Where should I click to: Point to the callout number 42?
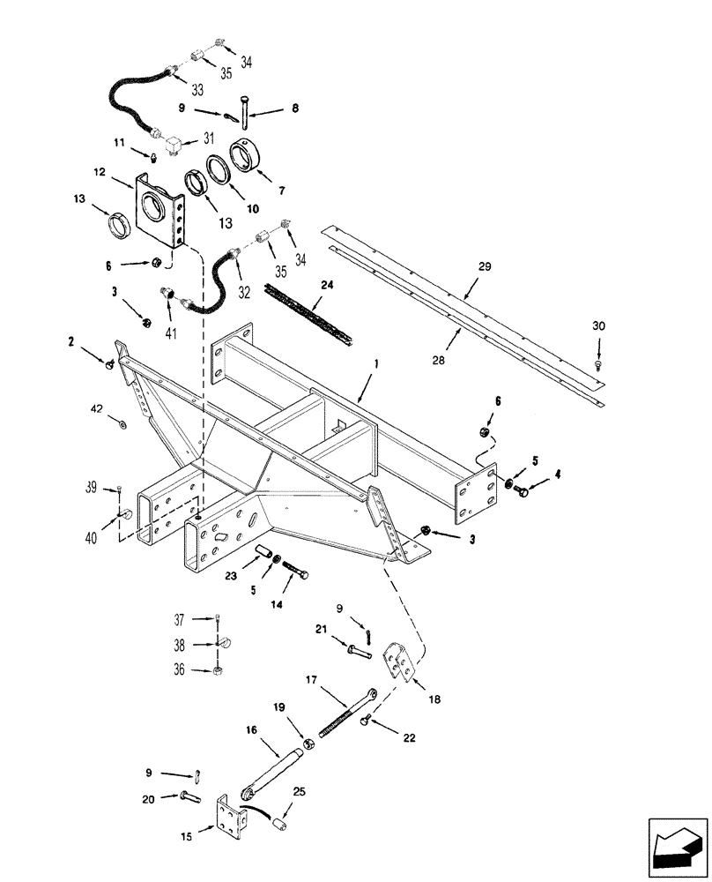point(96,409)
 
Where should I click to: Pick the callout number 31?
point(210,138)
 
